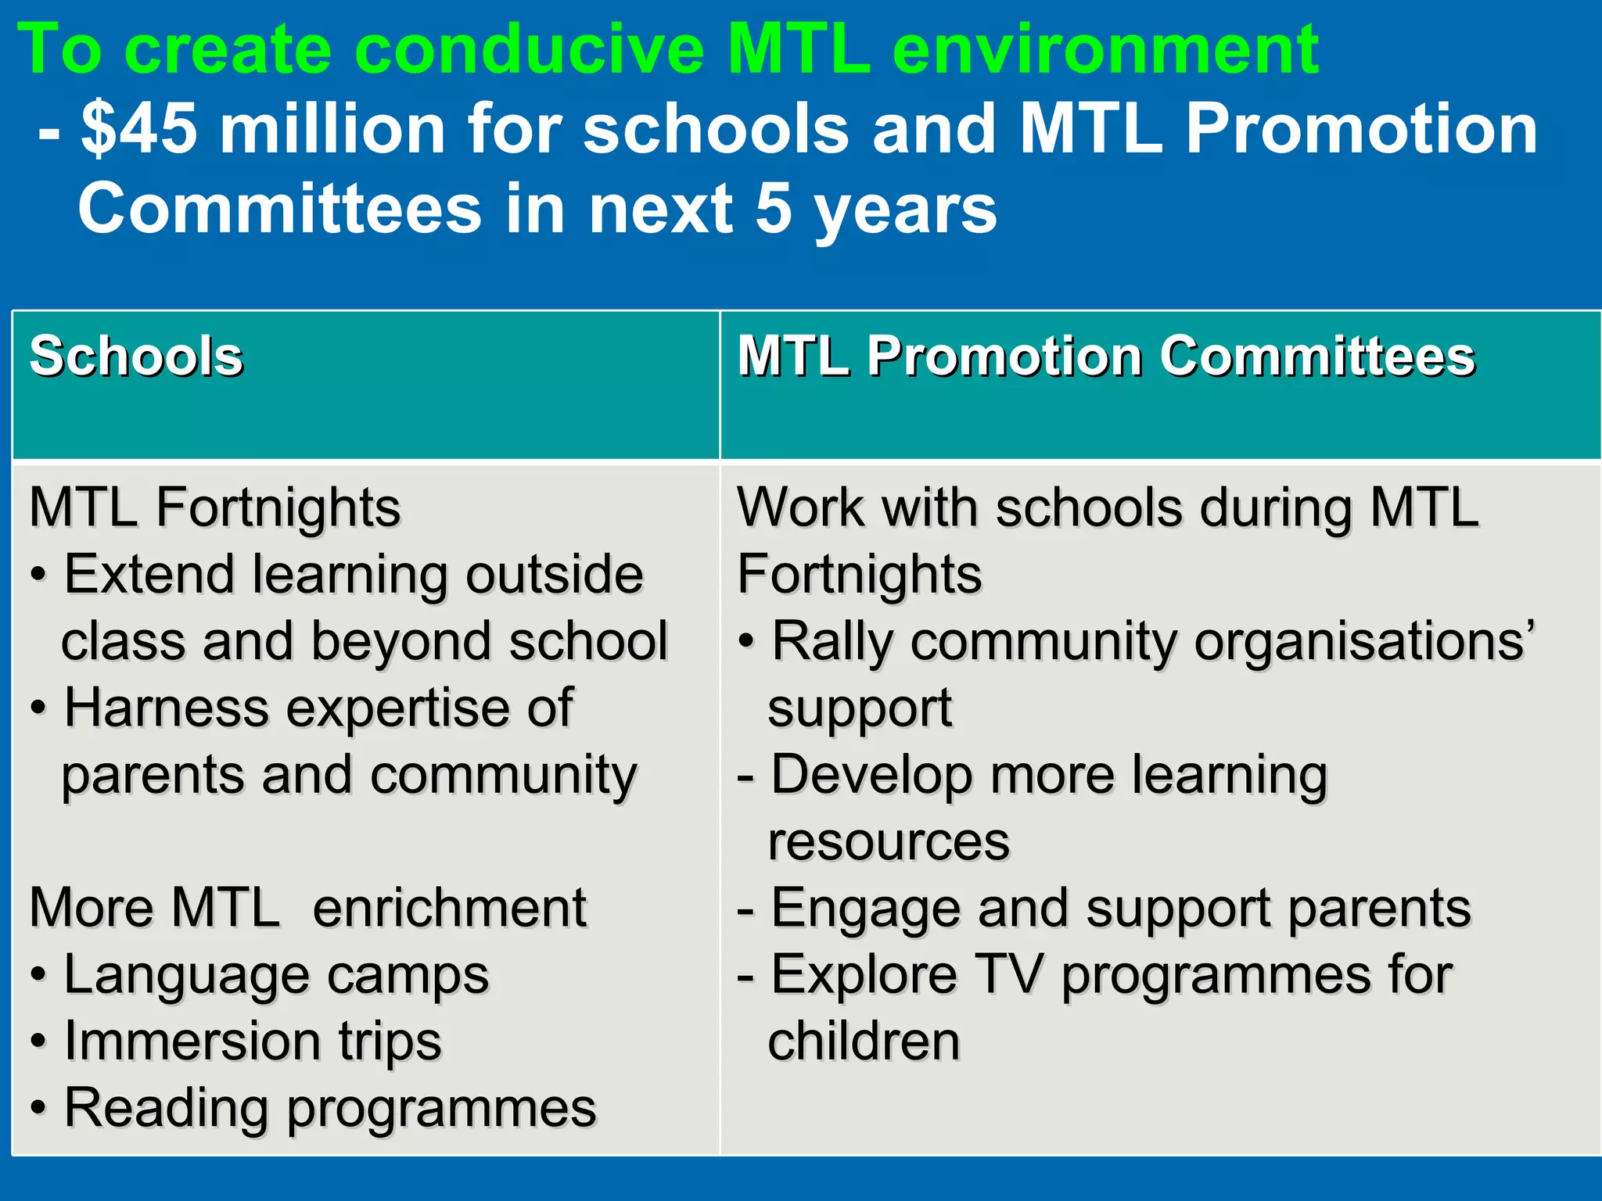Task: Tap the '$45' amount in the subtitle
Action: (139, 129)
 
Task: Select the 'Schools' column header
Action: (136, 357)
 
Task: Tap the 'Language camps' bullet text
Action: (276, 975)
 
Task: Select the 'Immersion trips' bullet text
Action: (253, 1041)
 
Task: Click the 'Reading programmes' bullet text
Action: (329, 1109)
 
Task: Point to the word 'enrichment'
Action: (449, 909)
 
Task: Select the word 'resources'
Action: (889, 842)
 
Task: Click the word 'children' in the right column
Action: (864, 1041)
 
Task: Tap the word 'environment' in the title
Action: (1105, 50)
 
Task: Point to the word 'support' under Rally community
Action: (860, 708)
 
